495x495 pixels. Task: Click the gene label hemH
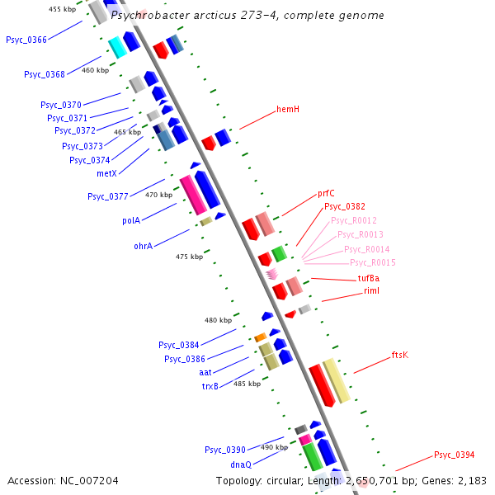[288, 109]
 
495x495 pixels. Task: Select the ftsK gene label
[399, 356]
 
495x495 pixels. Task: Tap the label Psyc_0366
[26, 40]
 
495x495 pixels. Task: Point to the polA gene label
[131, 221]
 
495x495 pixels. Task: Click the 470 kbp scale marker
[159, 196]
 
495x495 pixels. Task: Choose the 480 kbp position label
[219, 320]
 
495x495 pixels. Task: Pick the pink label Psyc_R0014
[366, 249]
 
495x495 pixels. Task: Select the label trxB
[210, 386]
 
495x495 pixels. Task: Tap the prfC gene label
[326, 194]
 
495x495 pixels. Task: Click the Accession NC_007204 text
[63, 480]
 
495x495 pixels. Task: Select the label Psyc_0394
[455, 455]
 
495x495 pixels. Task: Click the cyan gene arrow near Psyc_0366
[118, 47]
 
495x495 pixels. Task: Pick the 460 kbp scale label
[95, 71]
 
